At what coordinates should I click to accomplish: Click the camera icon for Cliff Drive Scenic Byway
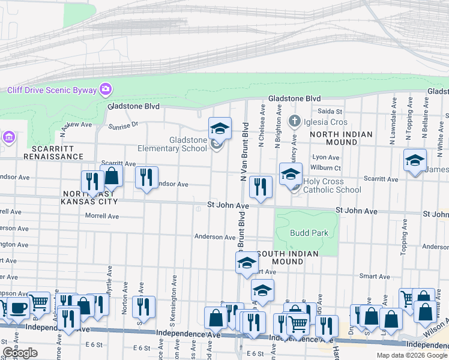pos(106,90)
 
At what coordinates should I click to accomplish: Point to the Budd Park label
pos(306,233)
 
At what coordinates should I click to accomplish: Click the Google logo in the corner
pos(20,353)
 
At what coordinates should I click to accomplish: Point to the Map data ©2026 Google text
pos(411,355)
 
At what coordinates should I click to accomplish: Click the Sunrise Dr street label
pos(123,126)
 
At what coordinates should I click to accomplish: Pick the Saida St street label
pos(330,112)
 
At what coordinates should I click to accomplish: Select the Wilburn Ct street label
pos(326,168)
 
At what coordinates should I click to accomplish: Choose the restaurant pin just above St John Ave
pos(261,187)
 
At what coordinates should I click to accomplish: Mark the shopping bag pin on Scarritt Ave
pos(112,175)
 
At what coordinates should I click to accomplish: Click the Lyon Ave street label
pos(322,157)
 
